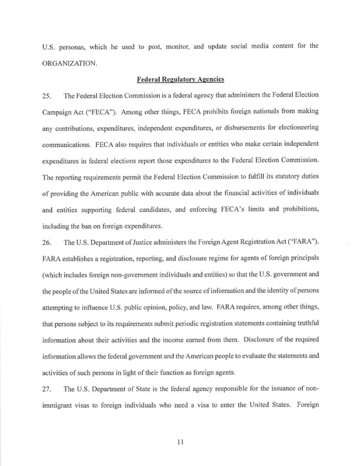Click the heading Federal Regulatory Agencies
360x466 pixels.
pos(179,78)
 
